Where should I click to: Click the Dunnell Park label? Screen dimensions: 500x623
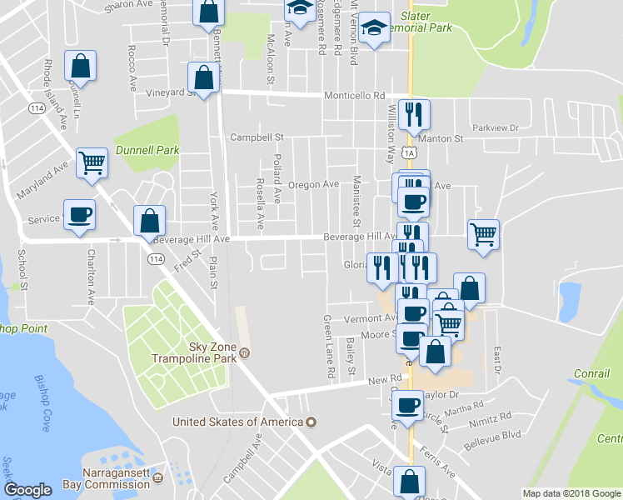[148, 150]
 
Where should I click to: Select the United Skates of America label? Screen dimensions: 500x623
[237, 422]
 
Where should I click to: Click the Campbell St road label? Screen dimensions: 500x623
[257, 137]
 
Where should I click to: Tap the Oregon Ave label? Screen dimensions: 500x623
[313, 184]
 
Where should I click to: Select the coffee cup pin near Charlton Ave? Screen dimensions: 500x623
[79, 214]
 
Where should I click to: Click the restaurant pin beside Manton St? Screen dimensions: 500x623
[414, 113]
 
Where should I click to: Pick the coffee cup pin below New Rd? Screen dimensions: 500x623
[407, 406]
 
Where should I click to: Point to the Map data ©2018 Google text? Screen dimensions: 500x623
[571, 493]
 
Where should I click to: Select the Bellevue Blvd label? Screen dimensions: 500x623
[492, 436]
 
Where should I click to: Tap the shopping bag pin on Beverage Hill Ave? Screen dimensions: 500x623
[149, 222]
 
